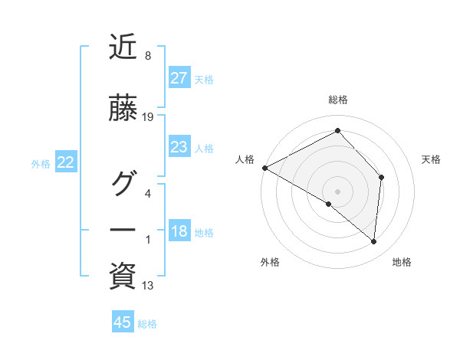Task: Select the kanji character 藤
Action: (x=123, y=110)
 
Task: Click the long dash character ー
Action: (x=123, y=229)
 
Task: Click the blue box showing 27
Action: (x=179, y=78)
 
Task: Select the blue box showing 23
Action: (x=179, y=147)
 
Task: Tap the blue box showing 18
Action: (x=179, y=232)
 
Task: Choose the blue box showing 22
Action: (x=65, y=162)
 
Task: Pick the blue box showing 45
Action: (x=123, y=322)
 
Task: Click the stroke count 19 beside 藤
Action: (x=148, y=117)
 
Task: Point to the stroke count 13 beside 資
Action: (x=148, y=286)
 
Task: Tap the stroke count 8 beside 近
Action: (x=147, y=56)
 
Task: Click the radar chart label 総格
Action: (x=338, y=100)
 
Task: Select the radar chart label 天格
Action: (x=431, y=159)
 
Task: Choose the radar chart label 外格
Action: (x=270, y=262)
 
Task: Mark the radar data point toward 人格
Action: (x=264, y=167)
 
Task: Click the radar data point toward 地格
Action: (x=374, y=242)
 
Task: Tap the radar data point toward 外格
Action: (x=329, y=205)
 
